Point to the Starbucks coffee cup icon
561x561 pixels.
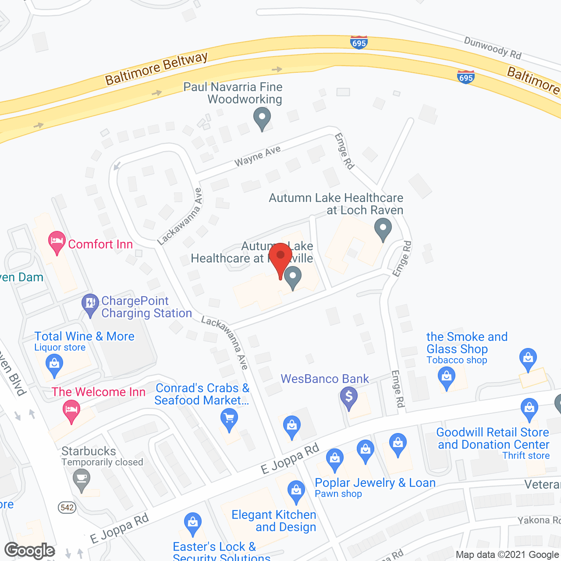coord(82,479)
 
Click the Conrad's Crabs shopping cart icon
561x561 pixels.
coord(229,419)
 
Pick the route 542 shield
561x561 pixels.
coord(67,508)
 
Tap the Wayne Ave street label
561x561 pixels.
coord(257,156)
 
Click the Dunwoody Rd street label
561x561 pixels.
coord(493,48)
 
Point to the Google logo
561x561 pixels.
coord(30,550)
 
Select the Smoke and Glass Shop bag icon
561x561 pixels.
coord(447,377)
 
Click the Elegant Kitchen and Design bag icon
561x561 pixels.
coord(296,491)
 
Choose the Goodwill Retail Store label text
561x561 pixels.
coord(493,438)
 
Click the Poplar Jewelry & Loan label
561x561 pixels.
coord(375,483)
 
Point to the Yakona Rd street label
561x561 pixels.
coord(538,520)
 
